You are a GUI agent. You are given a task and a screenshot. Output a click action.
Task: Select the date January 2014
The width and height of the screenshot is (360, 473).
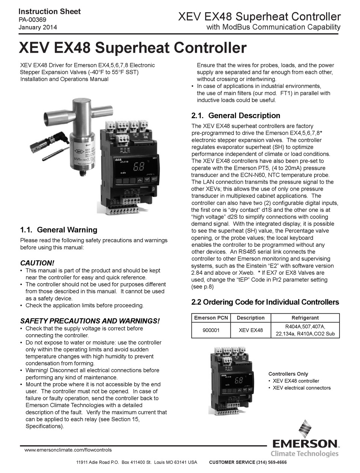[x=38, y=27]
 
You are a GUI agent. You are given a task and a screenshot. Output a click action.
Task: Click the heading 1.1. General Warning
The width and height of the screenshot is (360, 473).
[x=58, y=230]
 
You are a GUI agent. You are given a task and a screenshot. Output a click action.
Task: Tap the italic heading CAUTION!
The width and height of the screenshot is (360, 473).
[x=37, y=263]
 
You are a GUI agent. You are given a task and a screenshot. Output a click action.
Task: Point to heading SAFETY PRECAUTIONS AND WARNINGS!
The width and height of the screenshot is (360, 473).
[x=90, y=321]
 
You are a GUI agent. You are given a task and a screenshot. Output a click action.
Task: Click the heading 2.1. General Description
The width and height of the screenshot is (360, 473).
[x=236, y=116]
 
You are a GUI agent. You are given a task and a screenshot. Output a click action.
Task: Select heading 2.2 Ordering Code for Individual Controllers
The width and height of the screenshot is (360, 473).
[x=265, y=302]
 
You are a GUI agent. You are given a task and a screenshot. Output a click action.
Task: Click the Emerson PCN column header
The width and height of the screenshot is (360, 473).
[x=210, y=318]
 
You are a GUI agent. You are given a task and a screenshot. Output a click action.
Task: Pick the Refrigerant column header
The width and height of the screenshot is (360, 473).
[x=305, y=318]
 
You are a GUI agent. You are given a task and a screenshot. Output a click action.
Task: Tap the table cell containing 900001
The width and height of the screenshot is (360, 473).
[x=210, y=330]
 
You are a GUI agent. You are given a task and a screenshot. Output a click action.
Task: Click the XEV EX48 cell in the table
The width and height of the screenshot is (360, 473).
[x=250, y=330]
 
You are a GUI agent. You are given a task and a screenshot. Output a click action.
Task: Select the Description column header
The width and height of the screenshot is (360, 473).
[x=250, y=318]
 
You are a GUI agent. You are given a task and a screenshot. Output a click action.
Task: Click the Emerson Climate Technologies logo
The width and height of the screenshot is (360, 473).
[x=305, y=440]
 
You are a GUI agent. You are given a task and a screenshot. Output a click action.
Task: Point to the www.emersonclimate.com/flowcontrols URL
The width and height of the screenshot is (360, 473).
[x=68, y=450]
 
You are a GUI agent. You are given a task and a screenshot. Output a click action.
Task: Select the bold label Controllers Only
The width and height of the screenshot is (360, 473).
[x=288, y=374]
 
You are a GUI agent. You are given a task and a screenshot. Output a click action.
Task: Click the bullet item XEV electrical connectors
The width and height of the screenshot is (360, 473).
[x=302, y=388]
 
